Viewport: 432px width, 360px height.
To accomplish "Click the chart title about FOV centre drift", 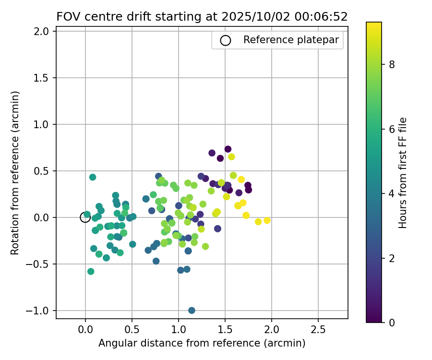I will pyautogui.click(x=202, y=17).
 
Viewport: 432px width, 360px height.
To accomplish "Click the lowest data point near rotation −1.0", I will pyautogui.click(x=192, y=311).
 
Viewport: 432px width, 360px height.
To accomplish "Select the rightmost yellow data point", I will pyautogui.click(x=267, y=220).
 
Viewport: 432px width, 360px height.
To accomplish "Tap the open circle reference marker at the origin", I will pyautogui.click(x=85, y=217).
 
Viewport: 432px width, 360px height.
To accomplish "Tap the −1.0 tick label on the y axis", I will pyautogui.click(x=41, y=311).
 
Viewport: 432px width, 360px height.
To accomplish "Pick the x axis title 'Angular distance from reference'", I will pyautogui.click(x=202, y=343).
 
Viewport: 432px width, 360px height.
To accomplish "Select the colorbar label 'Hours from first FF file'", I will pyautogui.click(x=403, y=173).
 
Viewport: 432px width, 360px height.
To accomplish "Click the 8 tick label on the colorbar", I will pyautogui.click(x=392, y=65).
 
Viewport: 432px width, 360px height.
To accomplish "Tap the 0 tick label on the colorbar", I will pyautogui.click(x=392, y=322).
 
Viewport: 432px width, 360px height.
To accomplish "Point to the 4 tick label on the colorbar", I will pyautogui.click(x=392, y=193).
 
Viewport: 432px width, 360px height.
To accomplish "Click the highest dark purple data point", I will pyautogui.click(x=228, y=149).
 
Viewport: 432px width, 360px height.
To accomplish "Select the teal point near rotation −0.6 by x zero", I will pyautogui.click(x=91, y=271).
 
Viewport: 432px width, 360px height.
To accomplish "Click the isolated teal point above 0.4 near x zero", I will pyautogui.click(x=93, y=177).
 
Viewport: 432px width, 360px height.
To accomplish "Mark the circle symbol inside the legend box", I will pyautogui.click(x=226, y=40).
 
